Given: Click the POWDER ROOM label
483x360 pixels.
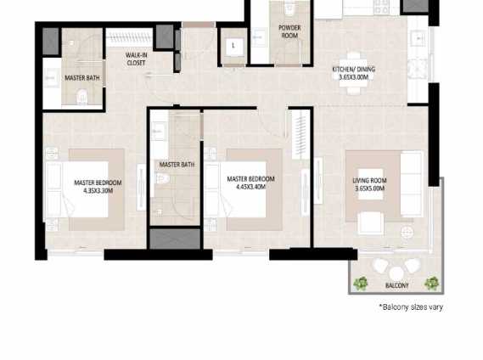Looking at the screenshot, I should [x=289, y=32].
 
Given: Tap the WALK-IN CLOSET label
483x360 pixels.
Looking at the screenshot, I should [x=136, y=59].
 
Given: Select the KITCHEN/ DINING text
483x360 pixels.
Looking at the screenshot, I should [x=353, y=69].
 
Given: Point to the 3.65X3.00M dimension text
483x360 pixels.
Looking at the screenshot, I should [x=353, y=76].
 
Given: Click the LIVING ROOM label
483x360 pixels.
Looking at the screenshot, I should [x=369, y=181].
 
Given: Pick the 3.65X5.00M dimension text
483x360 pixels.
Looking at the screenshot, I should [x=369, y=188].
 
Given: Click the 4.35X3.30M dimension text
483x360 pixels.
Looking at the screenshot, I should [x=98, y=191].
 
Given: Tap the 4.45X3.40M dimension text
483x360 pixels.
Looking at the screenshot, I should [x=250, y=187].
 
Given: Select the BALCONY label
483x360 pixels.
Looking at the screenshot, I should [x=396, y=285].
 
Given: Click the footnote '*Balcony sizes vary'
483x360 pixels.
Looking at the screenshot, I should [x=411, y=307].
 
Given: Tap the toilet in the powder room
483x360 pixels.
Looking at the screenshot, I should [x=289, y=10].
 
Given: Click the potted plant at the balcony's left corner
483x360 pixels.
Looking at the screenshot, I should [x=362, y=283].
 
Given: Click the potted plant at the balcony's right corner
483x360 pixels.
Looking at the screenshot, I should [x=432, y=283].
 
